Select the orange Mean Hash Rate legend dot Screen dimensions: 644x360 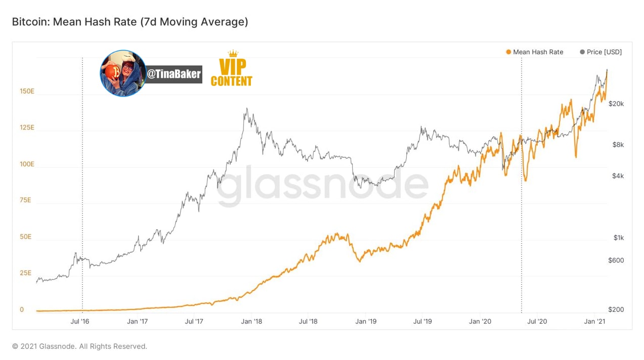click(508, 52)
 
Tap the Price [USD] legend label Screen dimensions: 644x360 click(604, 52)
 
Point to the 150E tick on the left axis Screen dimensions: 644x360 click(27, 92)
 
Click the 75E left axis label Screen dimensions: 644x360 click(25, 200)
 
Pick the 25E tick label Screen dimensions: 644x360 click(26, 273)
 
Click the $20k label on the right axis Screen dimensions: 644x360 click(616, 104)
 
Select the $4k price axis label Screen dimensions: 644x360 click(618, 176)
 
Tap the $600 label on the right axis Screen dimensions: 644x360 click(616, 260)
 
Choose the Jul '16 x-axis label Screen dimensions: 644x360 click(79, 321)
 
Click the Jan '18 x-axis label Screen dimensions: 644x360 click(251, 321)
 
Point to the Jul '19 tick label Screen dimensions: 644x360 click(422, 321)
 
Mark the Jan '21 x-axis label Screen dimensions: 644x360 click(594, 321)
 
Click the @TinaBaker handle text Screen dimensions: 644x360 click(174, 74)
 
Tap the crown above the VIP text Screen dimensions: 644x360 click(233, 54)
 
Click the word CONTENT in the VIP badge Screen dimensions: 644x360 click(231, 81)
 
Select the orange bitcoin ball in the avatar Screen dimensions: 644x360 click(112, 72)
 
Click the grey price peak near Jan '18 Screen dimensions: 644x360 click(247, 109)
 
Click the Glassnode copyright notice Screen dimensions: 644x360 click(79, 346)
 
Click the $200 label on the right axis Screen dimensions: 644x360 click(616, 309)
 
